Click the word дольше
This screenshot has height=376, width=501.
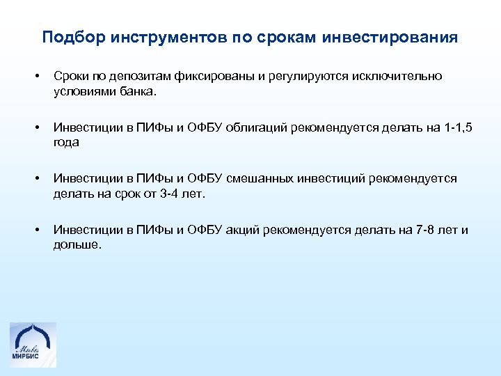click(77, 244)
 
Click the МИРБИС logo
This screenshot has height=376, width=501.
click(33, 344)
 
